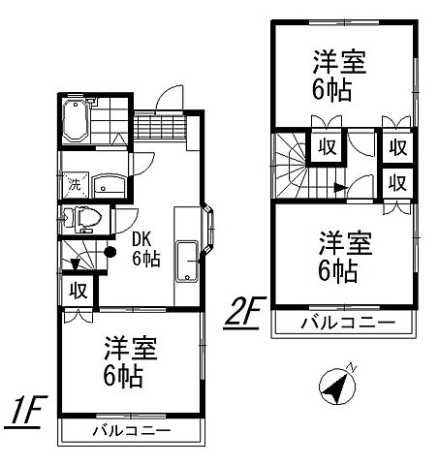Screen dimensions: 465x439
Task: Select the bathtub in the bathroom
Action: [x=75, y=123]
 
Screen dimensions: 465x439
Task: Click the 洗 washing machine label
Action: [x=74, y=185]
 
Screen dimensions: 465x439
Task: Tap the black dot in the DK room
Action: [x=110, y=253]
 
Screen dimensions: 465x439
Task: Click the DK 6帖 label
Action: [x=145, y=250]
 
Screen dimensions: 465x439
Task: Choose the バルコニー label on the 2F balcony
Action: [x=346, y=322]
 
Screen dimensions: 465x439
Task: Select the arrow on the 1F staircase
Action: [x=75, y=262]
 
